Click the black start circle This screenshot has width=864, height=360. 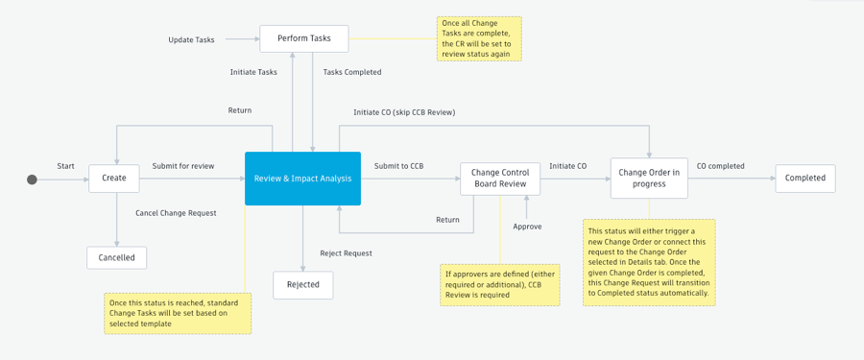click(x=32, y=179)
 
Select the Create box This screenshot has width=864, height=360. click(x=114, y=179)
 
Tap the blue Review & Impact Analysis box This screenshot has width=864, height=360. click(x=302, y=179)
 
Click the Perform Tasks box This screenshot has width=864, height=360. click(x=303, y=38)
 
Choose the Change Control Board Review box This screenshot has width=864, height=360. click(x=500, y=179)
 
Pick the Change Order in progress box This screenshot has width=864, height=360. click(x=649, y=179)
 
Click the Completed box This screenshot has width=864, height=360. click(x=804, y=179)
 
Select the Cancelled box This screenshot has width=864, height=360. click(x=117, y=257)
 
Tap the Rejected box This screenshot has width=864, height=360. click(x=303, y=285)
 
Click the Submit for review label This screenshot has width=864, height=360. click(x=183, y=166)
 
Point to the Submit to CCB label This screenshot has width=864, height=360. click(x=398, y=166)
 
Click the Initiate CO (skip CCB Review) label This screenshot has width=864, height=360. click(x=404, y=112)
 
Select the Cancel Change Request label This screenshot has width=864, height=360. click(x=176, y=212)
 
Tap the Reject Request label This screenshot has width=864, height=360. click(x=346, y=253)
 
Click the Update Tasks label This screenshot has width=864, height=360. click(x=191, y=39)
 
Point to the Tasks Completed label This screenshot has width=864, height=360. click(x=352, y=72)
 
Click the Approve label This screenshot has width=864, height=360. click(x=527, y=227)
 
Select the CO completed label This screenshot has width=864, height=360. click(x=720, y=166)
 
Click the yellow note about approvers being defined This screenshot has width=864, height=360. click(x=500, y=285)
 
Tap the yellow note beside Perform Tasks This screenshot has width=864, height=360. click(x=479, y=38)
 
